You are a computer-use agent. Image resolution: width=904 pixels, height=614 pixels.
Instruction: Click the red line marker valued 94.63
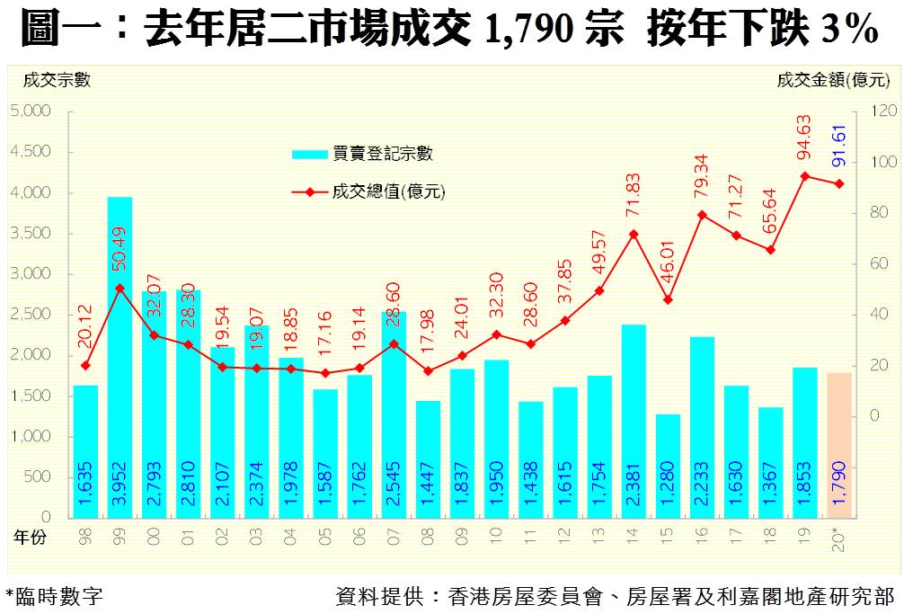pos(805,176)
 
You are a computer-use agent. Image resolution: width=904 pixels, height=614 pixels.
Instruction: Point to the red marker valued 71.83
pos(634,234)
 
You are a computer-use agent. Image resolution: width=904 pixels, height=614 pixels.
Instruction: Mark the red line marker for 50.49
pos(120,289)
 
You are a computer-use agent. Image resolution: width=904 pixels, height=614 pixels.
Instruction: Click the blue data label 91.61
pos(840,146)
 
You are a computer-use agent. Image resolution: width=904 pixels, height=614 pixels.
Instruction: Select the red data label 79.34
pos(703,180)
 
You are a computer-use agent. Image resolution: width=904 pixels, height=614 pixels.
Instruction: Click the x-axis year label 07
pos(394,536)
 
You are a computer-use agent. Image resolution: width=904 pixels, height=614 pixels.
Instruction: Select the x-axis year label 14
pos(634,536)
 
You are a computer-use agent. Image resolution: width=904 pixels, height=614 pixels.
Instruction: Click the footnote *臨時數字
pos(54,595)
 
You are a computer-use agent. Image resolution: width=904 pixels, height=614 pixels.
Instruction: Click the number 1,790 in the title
pos(530,30)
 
